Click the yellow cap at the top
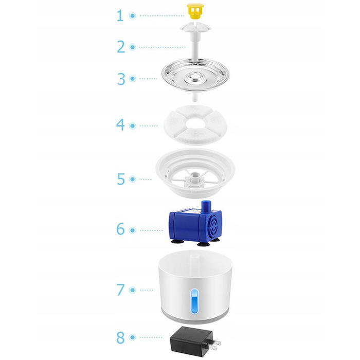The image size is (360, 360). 195,11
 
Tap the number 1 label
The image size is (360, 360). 120,15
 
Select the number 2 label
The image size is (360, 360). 121,47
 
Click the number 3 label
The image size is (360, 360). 121,79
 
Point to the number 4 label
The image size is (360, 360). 120,124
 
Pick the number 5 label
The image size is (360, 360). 121,179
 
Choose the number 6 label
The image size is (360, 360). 120,229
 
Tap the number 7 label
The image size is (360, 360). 120,290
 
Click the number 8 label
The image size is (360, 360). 120,337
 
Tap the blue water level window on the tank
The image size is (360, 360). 194,301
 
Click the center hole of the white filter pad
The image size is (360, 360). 195,124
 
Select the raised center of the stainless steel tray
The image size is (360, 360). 195,77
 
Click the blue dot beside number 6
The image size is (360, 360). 133,230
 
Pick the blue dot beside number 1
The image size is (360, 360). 133,15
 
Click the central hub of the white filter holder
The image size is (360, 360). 194,178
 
